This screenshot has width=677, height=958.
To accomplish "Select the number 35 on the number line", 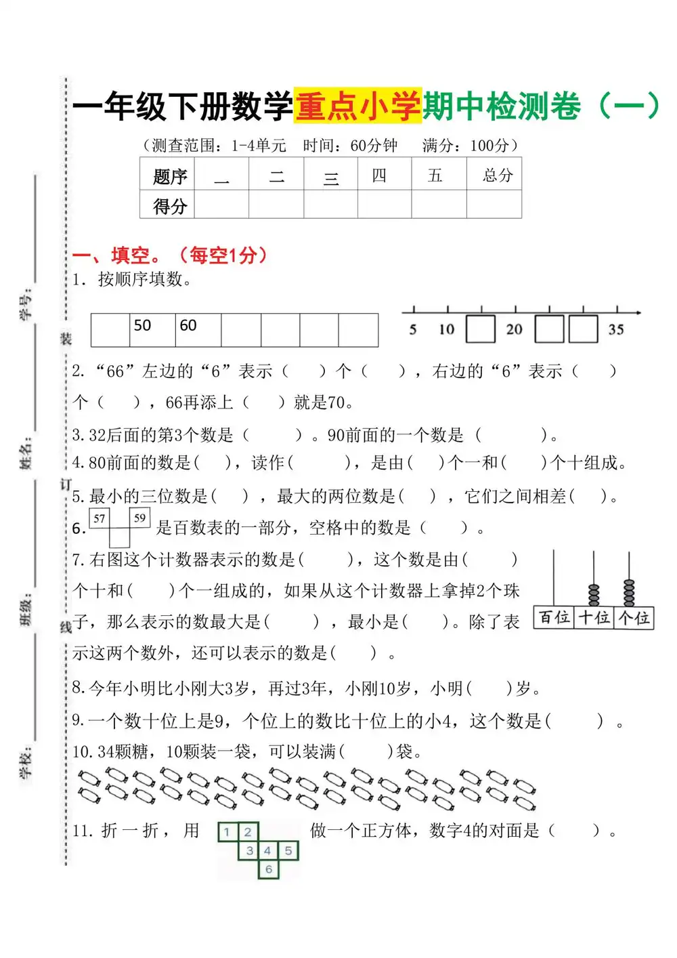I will [x=615, y=330].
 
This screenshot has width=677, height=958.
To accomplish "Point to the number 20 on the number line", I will [x=514, y=330].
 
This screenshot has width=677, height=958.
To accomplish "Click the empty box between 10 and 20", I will [x=481, y=329].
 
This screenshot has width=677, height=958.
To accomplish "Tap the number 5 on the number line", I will [x=413, y=330].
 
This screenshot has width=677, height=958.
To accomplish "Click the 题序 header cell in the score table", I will [x=169, y=177].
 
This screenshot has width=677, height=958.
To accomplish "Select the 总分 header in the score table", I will [x=497, y=175].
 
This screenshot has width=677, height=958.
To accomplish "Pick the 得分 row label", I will [x=169, y=205].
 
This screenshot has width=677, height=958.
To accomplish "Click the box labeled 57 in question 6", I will [x=100, y=518].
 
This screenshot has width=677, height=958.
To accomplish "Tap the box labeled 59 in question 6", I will [x=139, y=518].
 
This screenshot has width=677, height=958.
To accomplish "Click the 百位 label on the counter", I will [x=554, y=618].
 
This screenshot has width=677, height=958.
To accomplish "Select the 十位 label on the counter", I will [x=594, y=618].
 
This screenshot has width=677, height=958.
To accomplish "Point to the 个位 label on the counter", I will [x=634, y=618].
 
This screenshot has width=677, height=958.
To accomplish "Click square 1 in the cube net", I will [x=227, y=832].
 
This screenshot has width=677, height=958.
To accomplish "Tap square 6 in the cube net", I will [x=269, y=869].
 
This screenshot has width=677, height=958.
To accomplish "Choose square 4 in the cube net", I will [x=268, y=851].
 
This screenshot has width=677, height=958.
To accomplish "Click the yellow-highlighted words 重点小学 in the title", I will [x=358, y=106].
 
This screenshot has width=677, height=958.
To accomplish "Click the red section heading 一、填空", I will [x=116, y=255].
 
